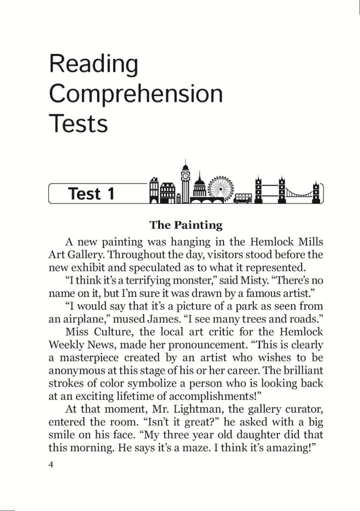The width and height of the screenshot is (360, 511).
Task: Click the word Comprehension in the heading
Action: click(x=136, y=94)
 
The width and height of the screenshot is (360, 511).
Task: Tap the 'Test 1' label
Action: click(x=91, y=194)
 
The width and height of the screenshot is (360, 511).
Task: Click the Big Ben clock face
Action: click(x=185, y=176)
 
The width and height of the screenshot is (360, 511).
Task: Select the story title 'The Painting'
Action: click(x=186, y=225)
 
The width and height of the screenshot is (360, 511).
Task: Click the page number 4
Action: click(x=51, y=465)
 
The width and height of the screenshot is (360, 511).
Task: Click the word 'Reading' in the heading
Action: click(x=94, y=64)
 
